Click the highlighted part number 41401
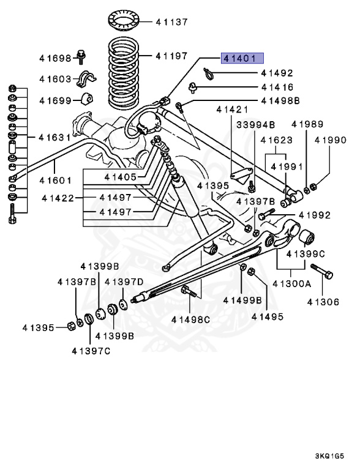click(243, 59)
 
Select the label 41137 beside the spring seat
click(171, 21)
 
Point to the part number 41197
click(171, 56)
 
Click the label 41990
click(331, 140)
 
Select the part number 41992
click(315, 215)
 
